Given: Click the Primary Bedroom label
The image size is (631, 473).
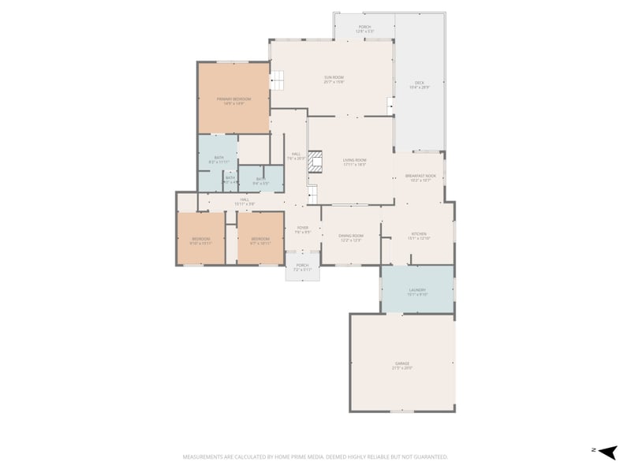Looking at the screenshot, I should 233,100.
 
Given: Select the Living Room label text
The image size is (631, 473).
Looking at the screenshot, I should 354,162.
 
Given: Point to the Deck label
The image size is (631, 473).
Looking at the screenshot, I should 420,84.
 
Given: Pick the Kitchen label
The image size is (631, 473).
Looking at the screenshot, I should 418,236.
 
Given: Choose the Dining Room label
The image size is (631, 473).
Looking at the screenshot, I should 351,237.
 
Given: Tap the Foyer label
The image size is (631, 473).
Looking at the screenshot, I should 302,230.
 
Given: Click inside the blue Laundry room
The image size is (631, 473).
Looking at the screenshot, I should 417,292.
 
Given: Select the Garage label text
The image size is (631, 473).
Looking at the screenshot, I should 402,366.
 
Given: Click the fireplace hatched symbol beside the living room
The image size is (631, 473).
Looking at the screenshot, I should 315,162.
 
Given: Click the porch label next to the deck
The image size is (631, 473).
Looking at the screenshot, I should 364,28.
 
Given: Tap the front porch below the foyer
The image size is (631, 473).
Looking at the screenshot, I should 302,267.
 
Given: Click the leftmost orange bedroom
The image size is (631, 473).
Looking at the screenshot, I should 201,240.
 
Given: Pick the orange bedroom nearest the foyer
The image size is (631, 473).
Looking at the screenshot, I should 260,240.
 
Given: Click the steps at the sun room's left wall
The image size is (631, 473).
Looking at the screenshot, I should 278,80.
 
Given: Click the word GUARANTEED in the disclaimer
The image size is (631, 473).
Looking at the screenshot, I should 428,456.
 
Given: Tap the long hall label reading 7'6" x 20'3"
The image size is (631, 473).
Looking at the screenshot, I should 296,155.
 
